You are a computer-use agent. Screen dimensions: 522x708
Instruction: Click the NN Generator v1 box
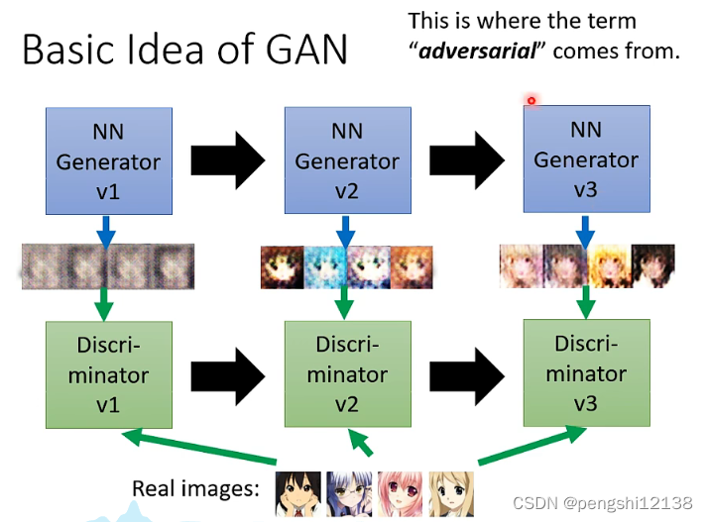pyautogui.click(x=108, y=160)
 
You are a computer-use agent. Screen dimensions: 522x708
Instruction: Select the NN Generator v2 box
pyautogui.click(x=346, y=160)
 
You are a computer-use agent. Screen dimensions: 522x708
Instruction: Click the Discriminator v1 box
pyautogui.click(x=108, y=375)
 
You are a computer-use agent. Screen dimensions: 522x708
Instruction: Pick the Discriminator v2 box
pyautogui.click(x=346, y=375)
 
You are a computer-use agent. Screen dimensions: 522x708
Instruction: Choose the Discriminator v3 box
pyautogui.click(x=586, y=373)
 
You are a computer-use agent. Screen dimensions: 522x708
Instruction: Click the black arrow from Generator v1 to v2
pyautogui.click(x=227, y=158)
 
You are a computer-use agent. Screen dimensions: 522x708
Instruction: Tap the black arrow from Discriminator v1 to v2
pyautogui.click(x=227, y=373)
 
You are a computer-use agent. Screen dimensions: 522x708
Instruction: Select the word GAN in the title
pyautogui.click(x=302, y=49)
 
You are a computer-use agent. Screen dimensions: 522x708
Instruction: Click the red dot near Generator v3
pyautogui.click(x=531, y=100)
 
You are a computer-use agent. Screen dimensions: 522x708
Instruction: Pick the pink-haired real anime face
pyautogui.click(x=401, y=492)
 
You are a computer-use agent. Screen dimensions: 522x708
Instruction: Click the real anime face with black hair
pyautogui.click(x=298, y=492)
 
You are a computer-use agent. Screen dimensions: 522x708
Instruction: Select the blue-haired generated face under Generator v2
pyautogui.click(x=323, y=267)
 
